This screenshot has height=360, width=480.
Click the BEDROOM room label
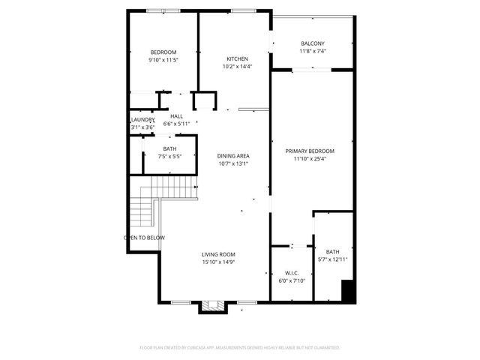(163, 52)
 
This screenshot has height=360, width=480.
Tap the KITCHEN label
(237, 58)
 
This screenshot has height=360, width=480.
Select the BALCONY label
(312, 43)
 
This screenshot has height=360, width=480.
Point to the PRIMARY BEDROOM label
(310, 151)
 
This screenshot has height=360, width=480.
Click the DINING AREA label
(233, 155)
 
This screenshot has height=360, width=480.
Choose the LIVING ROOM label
(218, 254)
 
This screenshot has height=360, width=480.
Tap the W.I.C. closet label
(292, 273)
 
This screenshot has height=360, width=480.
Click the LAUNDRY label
(142, 120)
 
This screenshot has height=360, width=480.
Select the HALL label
(176, 116)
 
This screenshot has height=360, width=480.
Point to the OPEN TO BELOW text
(145, 238)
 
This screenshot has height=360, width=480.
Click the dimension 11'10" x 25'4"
(310, 158)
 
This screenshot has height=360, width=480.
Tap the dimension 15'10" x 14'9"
(218, 262)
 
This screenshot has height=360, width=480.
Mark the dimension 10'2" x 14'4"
(237, 67)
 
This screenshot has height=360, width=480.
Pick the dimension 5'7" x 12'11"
(333, 259)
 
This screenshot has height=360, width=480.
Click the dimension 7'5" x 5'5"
(170, 157)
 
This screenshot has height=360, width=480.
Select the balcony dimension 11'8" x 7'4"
(312, 51)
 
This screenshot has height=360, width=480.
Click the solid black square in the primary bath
(347, 291)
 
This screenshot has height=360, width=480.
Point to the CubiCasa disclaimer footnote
(240, 348)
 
